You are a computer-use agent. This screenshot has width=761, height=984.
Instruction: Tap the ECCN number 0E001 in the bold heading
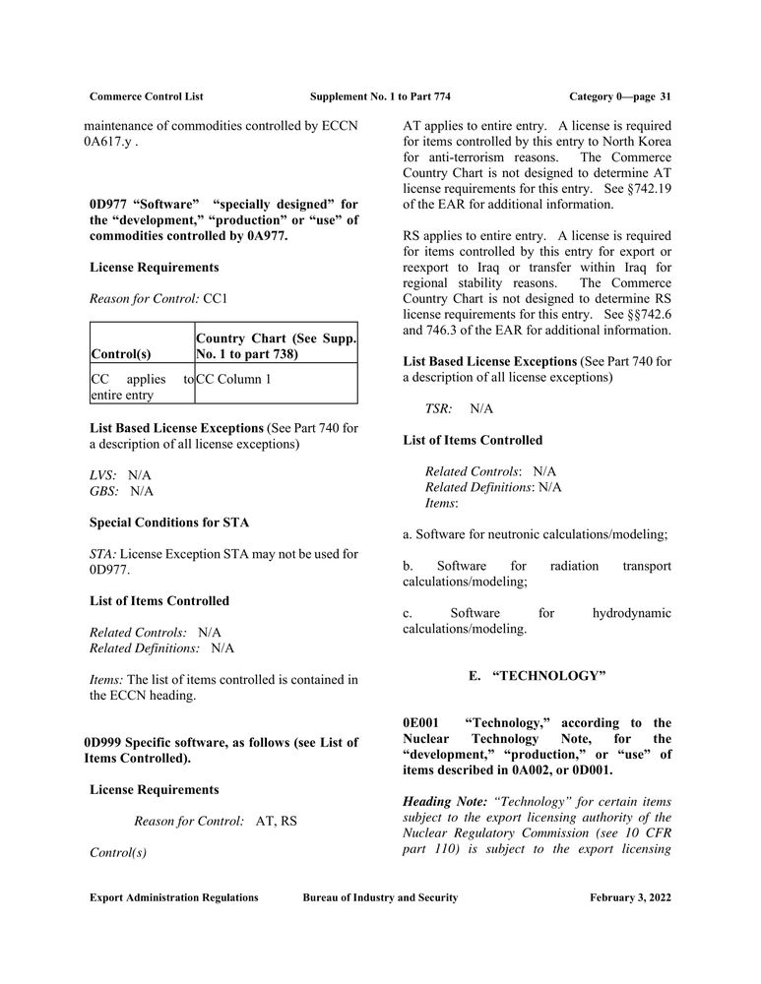[x=422, y=722]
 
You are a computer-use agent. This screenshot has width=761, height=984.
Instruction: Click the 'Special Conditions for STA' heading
[x=168, y=522]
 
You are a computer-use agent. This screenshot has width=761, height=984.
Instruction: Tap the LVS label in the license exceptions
[x=101, y=474]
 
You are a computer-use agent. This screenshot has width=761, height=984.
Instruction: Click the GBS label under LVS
[x=103, y=490]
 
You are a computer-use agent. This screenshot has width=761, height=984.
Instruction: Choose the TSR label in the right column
[x=438, y=407]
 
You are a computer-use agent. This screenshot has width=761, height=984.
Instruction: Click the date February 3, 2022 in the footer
[x=630, y=897]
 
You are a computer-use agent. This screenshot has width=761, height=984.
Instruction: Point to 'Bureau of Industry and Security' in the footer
[x=380, y=897]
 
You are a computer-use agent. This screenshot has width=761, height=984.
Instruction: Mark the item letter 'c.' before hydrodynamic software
[x=409, y=613]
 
